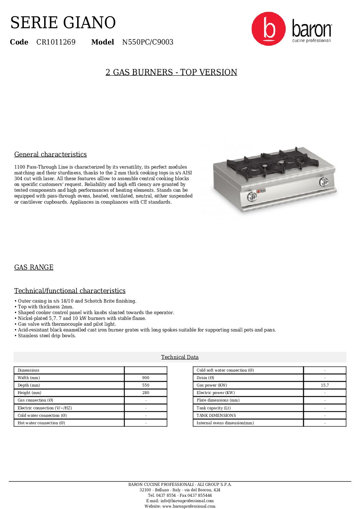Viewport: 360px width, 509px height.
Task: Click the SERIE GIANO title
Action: pyautogui.click(x=63, y=23)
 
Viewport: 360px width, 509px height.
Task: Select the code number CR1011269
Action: pyautogui.click(x=56, y=42)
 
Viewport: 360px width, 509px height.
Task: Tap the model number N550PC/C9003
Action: pyautogui.click(x=148, y=42)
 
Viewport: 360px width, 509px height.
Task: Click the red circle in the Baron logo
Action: pyautogui.click(x=268, y=29)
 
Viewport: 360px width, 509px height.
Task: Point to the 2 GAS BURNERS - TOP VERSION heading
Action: pyautogui.click(x=171, y=72)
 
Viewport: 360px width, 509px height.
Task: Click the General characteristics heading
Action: pyautogui.click(x=50, y=154)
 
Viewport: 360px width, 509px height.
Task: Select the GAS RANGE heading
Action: pyautogui.click(x=34, y=267)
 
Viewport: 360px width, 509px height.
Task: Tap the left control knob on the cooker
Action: pyautogui.click(x=252, y=196)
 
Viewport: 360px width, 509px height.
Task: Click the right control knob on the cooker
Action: pyautogui.click(x=324, y=182)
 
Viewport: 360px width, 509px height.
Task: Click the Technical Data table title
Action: pyautogui.click(x=180, y=357)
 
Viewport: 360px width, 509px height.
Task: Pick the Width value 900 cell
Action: pyautogui.click(x=146, y=378)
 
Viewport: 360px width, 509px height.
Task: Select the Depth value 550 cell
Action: pyautogui.click(x=146, y=385)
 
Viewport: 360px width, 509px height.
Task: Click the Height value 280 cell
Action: pyautogui.click(x=146, y=393)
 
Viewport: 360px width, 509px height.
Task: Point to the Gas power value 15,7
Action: pyautogui.click(x=325, y=385)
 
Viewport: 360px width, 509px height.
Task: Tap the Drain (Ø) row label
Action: pyautogui.click(x=205, y=378)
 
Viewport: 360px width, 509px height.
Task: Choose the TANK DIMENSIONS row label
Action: pyautogui.click(x=216, y=415)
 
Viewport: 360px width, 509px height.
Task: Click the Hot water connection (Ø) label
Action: pyautogui.click(x=41, y=423)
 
